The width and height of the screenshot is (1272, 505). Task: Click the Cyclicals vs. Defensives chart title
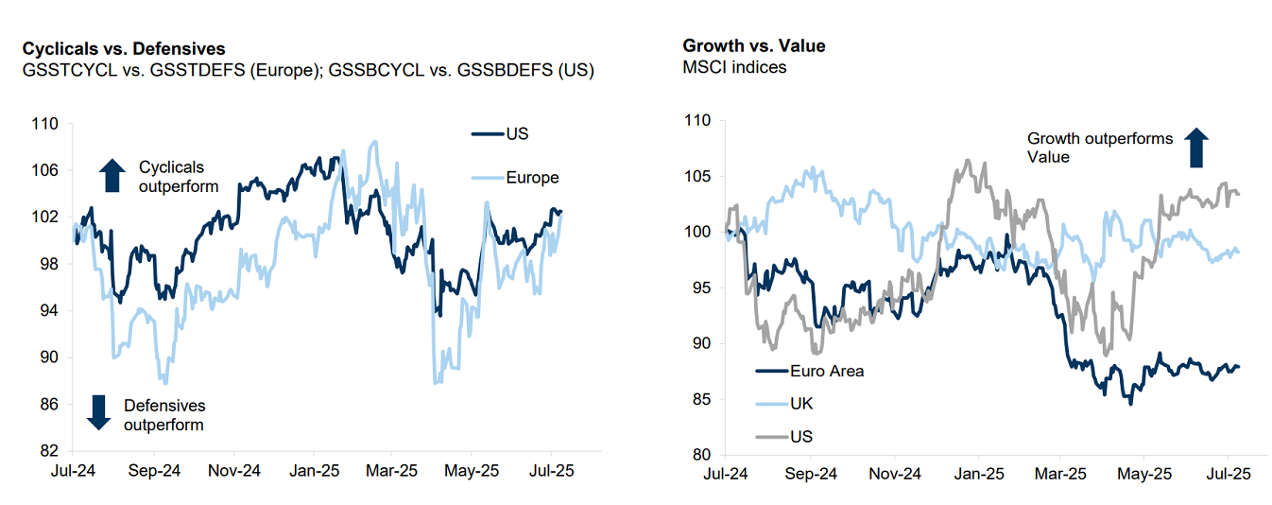tap(124, 48)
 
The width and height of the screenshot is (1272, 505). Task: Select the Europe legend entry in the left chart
tap(532, 177)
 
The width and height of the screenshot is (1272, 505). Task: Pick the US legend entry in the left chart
tap(517, 133)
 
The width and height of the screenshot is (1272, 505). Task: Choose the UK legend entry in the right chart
tap(801, 404)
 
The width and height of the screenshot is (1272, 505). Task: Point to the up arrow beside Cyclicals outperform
tap(112, 176)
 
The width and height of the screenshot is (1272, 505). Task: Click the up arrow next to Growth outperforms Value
tap(1196, 148)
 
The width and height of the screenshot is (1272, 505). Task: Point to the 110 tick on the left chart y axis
tap(44, 124)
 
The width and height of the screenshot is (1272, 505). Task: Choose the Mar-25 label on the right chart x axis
tap(1060, 473)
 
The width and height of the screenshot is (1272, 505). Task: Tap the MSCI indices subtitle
tap(735, 67)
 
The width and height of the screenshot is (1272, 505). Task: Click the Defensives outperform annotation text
tap(163, 415)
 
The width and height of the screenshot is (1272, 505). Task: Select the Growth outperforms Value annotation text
tap(1100, 148)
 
